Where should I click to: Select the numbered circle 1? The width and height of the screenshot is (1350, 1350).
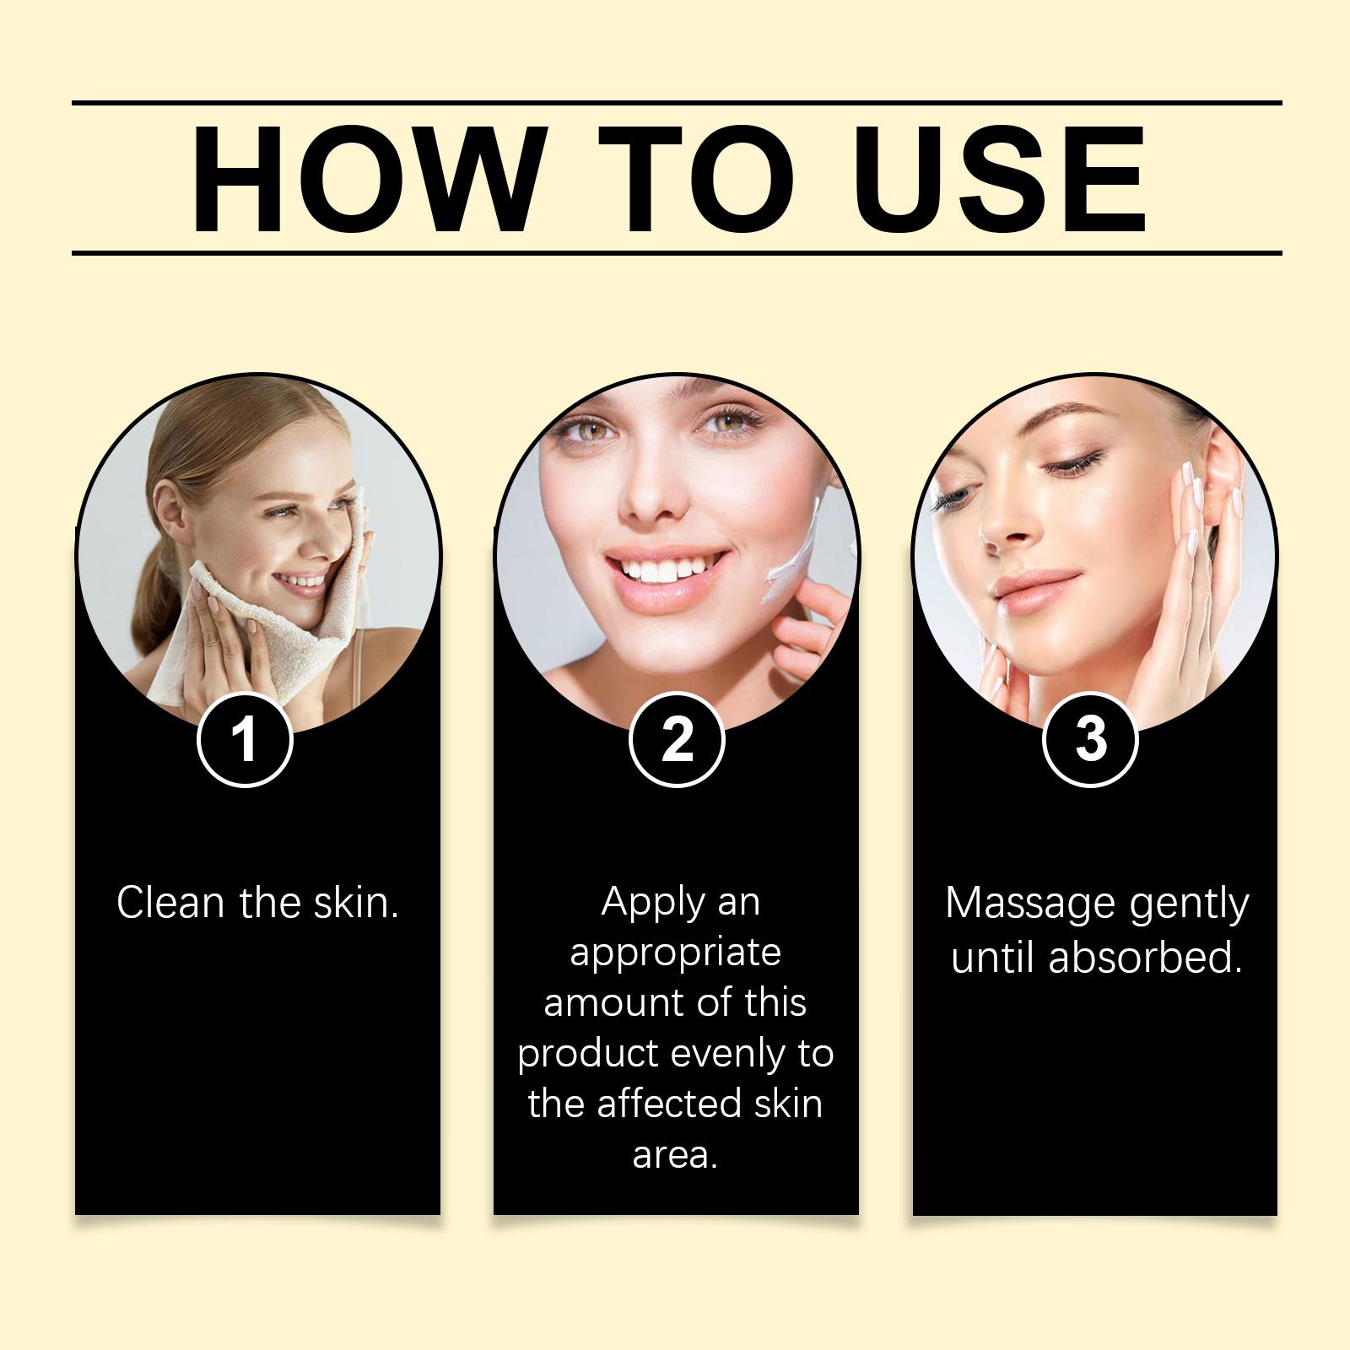pos(245,740)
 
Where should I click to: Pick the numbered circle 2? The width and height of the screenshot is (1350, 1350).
pos(677,740)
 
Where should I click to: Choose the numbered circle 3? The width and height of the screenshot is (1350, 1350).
pos(1091,740)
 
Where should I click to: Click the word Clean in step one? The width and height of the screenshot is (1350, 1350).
pos(171,903)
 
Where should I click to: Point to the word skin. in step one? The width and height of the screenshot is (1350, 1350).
pos(355,903)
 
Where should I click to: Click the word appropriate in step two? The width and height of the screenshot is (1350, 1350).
pos(675,953)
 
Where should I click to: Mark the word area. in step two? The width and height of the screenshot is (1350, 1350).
pos(675,1155)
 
